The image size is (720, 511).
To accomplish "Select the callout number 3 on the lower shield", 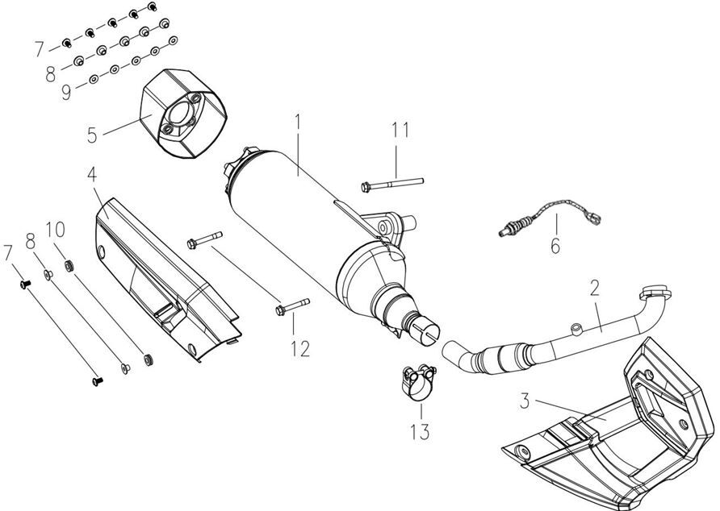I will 525,401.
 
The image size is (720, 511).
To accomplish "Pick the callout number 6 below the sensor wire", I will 555,245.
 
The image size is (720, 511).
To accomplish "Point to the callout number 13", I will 421,430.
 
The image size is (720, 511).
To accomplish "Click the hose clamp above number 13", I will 417,378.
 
